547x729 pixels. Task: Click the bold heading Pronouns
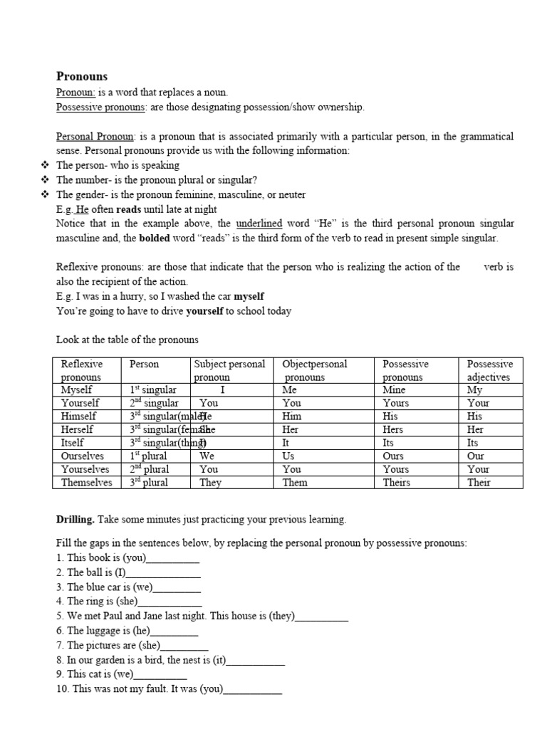point(82,76)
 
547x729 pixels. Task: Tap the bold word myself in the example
point(249,295)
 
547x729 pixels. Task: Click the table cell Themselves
point(86,482)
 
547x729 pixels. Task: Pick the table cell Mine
point(394,390)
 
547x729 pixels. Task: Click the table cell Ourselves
point(83,456)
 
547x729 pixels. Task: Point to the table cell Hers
point(392,429)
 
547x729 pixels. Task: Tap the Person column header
point(145,364)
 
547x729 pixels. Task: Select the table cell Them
point(295,482)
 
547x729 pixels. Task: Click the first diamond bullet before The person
point(45,165)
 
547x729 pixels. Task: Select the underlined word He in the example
point(82,209)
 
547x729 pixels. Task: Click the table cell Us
point(289,456)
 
